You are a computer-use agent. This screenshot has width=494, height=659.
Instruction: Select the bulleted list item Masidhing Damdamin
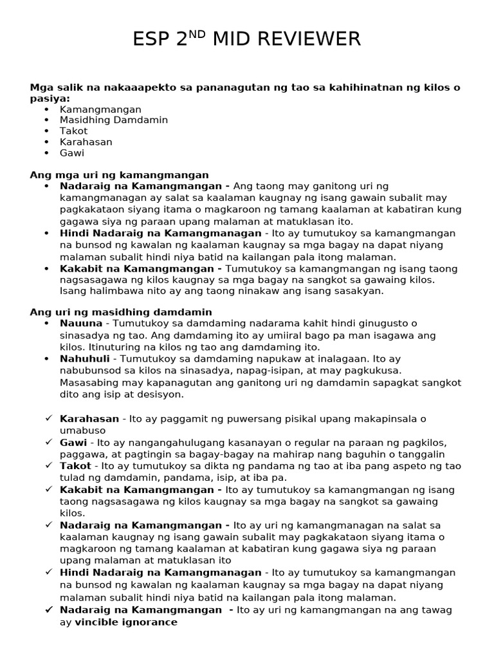[x=114, y=120]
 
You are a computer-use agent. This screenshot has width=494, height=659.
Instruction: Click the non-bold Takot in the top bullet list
[x=73, y=131]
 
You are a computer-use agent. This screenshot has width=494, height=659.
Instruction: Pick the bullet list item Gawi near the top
[x=72, y=153]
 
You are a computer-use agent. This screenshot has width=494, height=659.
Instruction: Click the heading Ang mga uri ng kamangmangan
[x=119, y=174]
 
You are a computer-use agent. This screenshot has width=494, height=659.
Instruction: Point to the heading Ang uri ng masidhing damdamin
[x=121, y=311]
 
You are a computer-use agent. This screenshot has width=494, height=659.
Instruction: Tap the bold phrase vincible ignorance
[x=126, y=622]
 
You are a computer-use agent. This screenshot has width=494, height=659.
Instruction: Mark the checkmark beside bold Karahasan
[x=49, y=418]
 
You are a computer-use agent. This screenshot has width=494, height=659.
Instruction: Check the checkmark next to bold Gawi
[x=49, y=442]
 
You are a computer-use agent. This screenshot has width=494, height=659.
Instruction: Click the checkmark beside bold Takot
[x=49, y=466]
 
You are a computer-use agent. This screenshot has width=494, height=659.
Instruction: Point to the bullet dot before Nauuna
[x=47, y=323]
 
